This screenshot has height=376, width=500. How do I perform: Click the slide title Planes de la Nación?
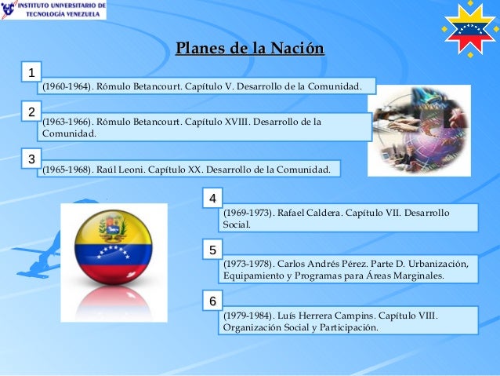(250, 51)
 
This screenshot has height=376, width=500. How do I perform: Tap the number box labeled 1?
(31, 74)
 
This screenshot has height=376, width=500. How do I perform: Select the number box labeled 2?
(31, 112)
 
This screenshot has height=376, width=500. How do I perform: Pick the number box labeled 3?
(31, 159)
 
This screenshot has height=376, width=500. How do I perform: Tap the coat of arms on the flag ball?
(112, 227)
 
